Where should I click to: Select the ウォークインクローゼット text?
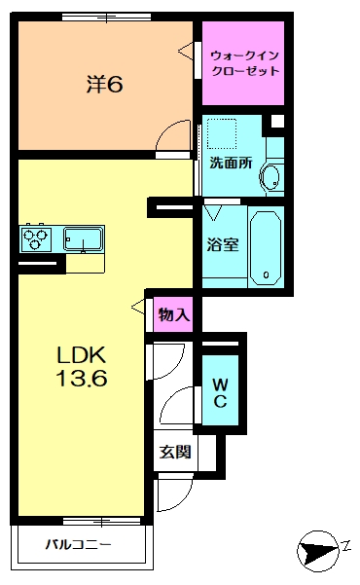click(x=243, y=63)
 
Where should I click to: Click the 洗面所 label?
click(x=232, y=164)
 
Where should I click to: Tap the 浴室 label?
click(x=223, y=245)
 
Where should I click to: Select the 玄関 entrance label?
click(x=176, y=453)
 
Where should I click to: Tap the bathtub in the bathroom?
click(x=266, y=246)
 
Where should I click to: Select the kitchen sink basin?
click(x=85, y=238)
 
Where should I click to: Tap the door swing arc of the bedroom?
click(x=176, y=136)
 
